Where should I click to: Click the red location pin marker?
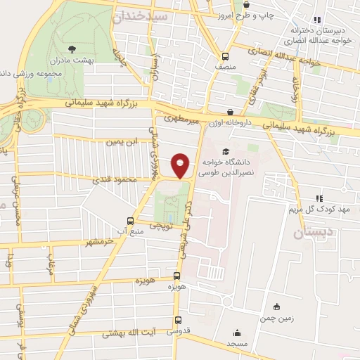click(x=181, y=165)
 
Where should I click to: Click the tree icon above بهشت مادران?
click(x=72, y=49)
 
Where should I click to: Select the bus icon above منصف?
click(x=225, y=57)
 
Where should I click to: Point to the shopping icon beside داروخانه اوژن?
click(x=230, y=112)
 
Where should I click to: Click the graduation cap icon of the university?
click(x=226, y=151)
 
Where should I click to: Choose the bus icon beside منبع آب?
click(x=129, y=221)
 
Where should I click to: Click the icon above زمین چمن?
click(x=276, y=306)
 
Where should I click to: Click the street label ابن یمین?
click(x=119, y=142)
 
